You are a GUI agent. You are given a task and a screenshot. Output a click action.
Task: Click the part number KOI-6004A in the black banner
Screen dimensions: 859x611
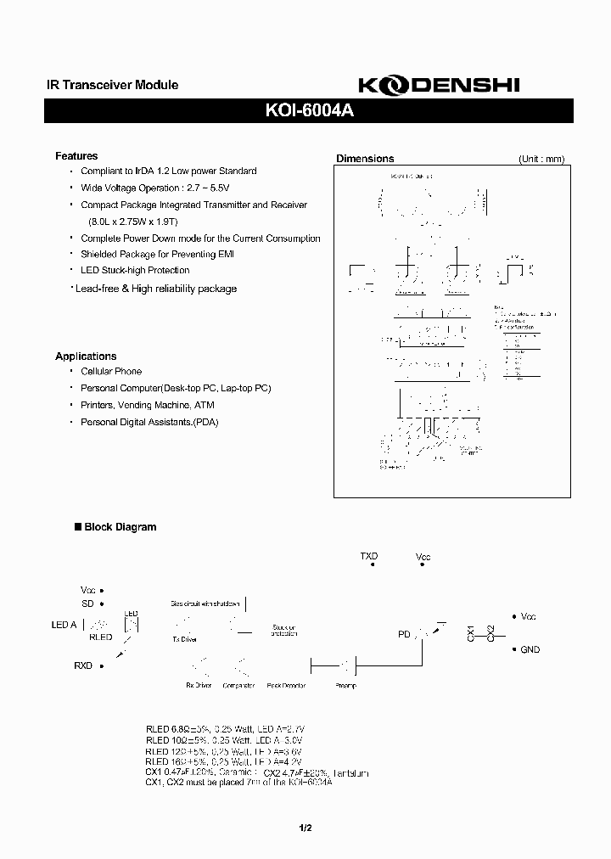pos(305,109)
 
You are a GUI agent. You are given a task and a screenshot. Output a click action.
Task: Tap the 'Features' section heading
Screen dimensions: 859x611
pos(76,156)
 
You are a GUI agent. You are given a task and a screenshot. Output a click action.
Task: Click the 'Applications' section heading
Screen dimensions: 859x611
pos(86,357)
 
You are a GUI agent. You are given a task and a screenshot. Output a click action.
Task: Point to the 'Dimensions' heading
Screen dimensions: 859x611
pos(365,159)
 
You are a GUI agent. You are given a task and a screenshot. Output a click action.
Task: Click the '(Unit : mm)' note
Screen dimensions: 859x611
pos(541,159)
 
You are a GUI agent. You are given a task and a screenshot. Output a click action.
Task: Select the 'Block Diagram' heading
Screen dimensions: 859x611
pos(120,527)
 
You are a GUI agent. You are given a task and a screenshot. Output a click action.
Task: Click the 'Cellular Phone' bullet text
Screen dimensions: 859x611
pos(111,372)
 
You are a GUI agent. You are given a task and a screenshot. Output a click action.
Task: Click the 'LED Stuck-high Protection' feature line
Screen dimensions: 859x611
pos(135,271)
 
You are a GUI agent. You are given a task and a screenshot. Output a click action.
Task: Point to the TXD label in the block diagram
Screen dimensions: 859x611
pos(369,557)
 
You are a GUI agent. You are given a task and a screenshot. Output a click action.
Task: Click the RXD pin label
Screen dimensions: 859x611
pos(83,666)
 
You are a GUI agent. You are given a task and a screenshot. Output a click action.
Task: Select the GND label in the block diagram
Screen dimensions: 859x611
pos(530,649)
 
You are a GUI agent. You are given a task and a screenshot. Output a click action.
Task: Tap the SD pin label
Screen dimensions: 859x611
pos(87,604)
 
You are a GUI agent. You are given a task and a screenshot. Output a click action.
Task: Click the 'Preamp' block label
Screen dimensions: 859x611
pos(347,685)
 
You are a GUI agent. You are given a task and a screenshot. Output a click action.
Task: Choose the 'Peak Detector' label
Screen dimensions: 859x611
pos(286,685)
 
